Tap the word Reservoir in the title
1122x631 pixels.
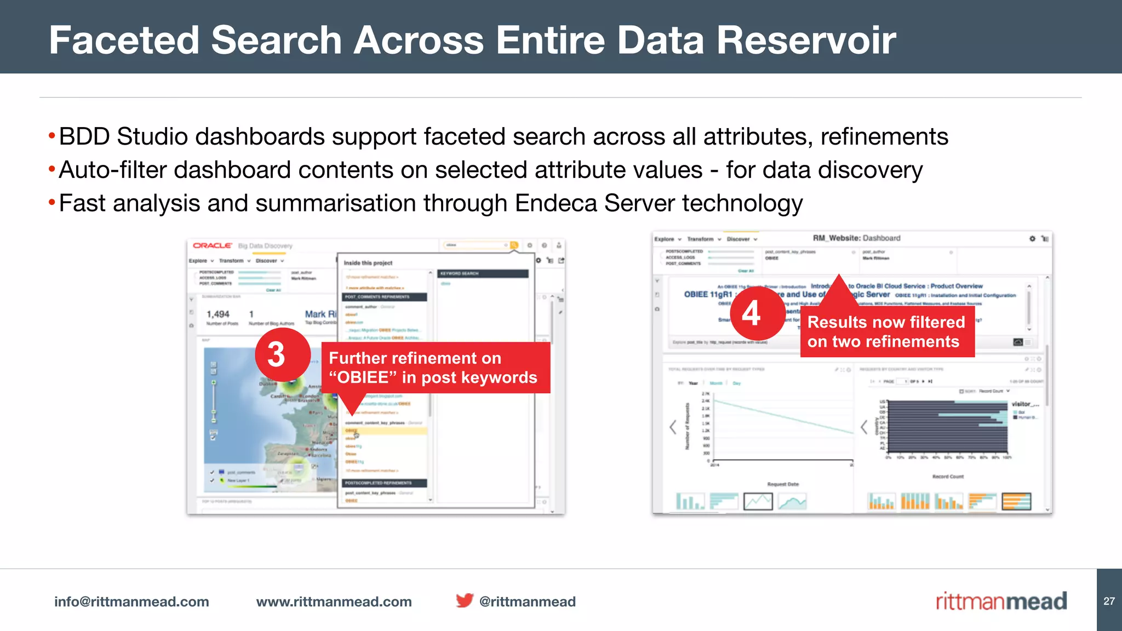coord(806,41)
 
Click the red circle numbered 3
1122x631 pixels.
coord(277,355)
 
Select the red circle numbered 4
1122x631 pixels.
coord(751,313)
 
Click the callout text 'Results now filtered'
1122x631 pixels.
coord(886,322)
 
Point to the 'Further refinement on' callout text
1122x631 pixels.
coord(415,358)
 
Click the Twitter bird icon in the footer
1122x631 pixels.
coord(464,601)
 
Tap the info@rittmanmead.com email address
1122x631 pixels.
coord(131,601)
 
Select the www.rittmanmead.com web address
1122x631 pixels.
coord(334,601)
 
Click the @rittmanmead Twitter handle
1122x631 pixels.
coord(527,601)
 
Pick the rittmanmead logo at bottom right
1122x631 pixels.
coord(1001,601)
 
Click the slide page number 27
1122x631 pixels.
coord(1109,601)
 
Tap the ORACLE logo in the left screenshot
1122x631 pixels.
coord(213,245)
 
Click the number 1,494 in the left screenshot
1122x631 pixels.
coord(218,314)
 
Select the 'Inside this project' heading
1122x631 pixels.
coord(368,263)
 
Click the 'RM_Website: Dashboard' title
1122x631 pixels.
coord(856,238)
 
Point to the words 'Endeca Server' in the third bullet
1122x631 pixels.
coord(594,203)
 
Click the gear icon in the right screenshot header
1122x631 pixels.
coord(1032,239)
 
